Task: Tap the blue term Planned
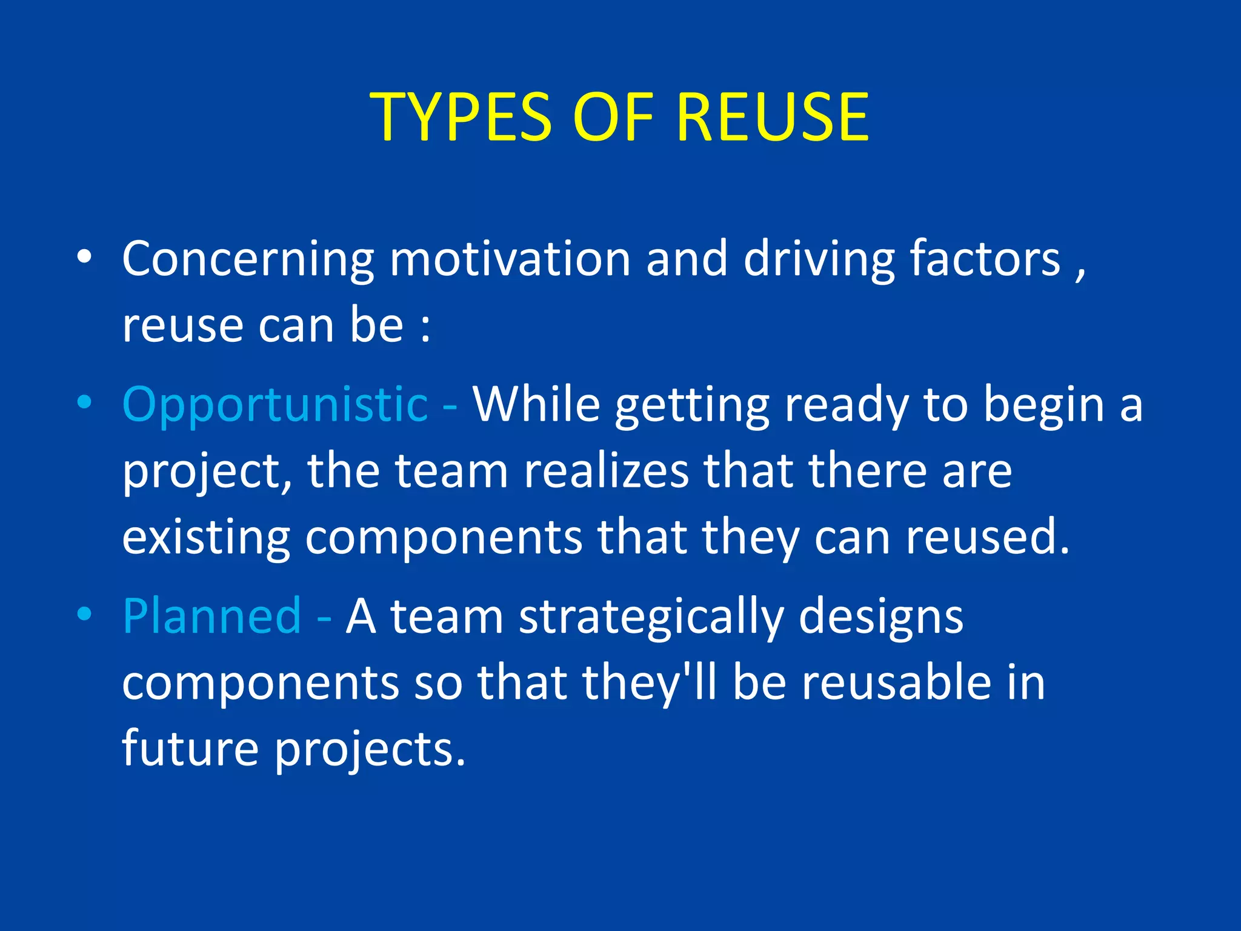click(211, 616)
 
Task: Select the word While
click(536, 404)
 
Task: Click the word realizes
click(606, 471)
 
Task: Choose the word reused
click(988, 537)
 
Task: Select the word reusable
click(896, 683)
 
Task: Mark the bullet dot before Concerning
click(84, 257)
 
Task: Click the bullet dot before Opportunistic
click(84, 402)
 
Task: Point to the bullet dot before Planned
click(84, 613)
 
